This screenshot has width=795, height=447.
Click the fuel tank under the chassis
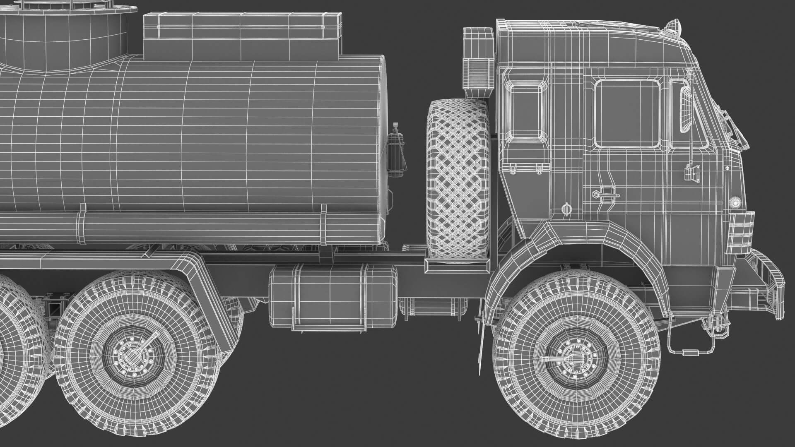pos(332,296)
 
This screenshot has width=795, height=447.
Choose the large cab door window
pos(626,113)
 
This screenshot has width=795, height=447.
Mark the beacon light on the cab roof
pos(673,26)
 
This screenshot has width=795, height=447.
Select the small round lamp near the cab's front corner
pos(735,202)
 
